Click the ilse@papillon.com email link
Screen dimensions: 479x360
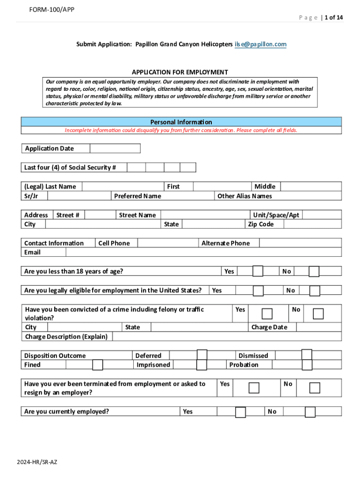pyautogui.click(x=260, y=44)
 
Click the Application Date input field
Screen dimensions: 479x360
pyautogui.click(x=115, y=148)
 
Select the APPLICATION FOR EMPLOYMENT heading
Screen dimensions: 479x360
pyautogui.click(x=180, y=72)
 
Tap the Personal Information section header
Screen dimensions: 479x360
pyautogui.click(x=181, y=122)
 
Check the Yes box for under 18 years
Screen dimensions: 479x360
pyautogui.click(x=258, y=271)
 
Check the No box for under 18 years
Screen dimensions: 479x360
pyautogui.click(x=314, y=271)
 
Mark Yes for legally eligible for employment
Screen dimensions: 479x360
pyautogui.click(x=258, y=290)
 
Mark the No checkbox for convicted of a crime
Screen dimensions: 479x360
pyautogui.click(x=318, y=313)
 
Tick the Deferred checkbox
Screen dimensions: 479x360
pyautogui.click(x=202, y=355)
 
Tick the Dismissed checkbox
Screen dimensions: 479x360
pyautogui.click(x=307, y=355)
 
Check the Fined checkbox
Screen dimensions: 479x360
pyautogui.click(x=98, y=365)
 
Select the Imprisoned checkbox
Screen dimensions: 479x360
pyautogui.click(x=202, y=365)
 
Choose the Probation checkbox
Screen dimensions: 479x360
pyautogui.click(x=307, y=365)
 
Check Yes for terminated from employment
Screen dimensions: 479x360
pyautogui.click(x=254, y=388)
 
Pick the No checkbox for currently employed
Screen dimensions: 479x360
pyautogui.click(x=310, y=412)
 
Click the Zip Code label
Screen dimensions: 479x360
pyautogui.click(x=261, y=224)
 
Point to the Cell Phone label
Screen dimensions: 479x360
pyautogui.click(x=114, y=243)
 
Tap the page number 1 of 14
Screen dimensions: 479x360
pyautogui.click(x=333, y=18)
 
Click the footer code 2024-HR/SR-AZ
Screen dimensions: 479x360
pyautogui.click(x=37, y=462)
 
